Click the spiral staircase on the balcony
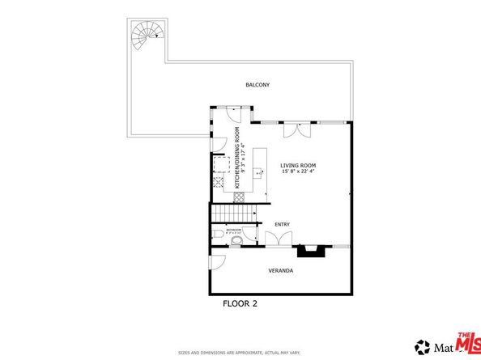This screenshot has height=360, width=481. click(147, 34)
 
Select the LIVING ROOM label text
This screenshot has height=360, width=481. click(297, 165)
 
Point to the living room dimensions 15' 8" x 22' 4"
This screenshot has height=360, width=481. click(297, 172)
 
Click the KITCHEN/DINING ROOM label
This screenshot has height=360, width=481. click(237, 158)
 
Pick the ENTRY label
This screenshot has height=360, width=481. click(282, 224)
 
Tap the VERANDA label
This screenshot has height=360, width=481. click(281, 270)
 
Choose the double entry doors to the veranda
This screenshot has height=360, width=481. click(278, 239)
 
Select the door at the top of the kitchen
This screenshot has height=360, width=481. click(230, 113)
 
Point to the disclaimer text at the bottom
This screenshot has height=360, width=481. click(240, 353)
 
